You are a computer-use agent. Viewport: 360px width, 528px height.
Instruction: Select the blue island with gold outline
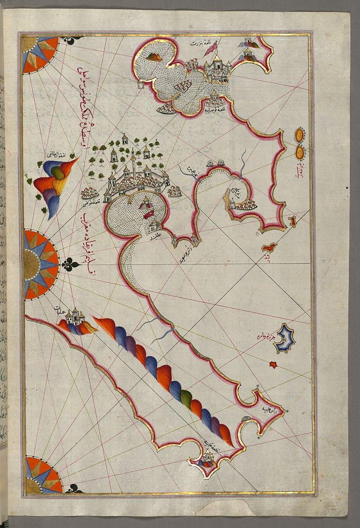click(x=284, y=338)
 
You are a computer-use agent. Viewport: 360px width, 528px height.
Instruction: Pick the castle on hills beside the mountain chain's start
click(x=75, y=317)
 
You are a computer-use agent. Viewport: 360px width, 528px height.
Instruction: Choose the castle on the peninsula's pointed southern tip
click(x=208, y=459)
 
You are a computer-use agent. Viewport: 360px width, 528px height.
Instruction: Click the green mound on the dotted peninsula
click(x=153, y=57)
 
